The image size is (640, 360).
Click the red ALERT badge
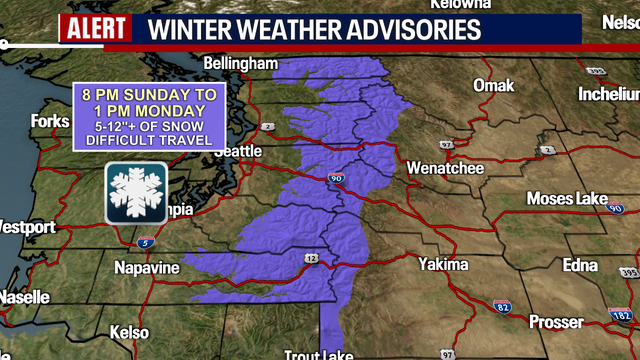[95, 27]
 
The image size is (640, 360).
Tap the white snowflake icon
[136, 192]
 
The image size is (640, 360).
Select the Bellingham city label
[239, 64]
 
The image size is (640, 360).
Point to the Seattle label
[238, 151]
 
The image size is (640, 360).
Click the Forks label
[50, 121]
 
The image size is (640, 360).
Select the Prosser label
[556, 322]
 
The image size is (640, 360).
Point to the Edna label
[580, 266]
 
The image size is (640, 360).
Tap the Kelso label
[130, 332]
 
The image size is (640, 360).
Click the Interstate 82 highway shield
[501, 305]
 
